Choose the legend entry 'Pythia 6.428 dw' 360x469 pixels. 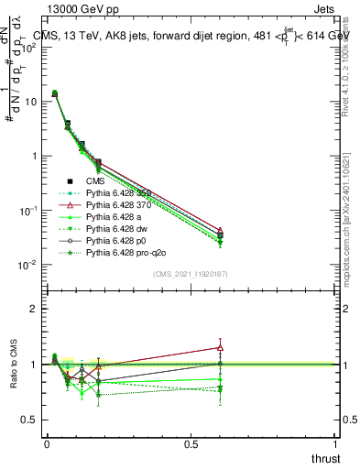120,228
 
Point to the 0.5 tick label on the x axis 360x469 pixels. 191,443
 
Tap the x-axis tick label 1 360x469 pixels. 336,443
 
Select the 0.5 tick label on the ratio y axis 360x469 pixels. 29,420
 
